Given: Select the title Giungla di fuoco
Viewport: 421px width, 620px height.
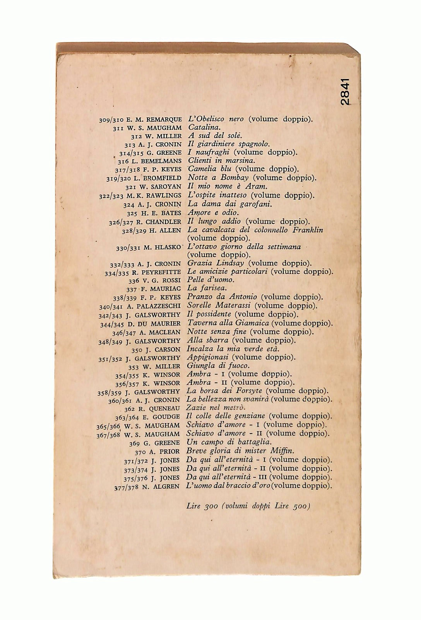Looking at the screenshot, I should point(218,366).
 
